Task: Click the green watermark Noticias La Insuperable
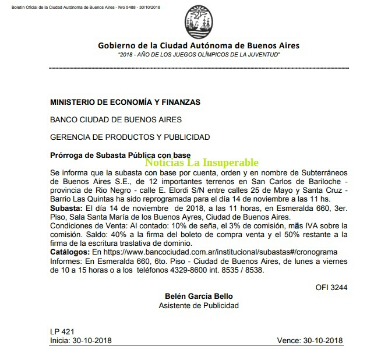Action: [x=202, y=163]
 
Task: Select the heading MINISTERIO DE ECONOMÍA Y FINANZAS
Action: [x=125, y=102]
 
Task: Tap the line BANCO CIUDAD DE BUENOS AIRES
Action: [x=116, y=120]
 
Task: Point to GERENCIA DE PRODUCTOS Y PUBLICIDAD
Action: [x=130, y=137]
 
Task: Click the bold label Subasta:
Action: [x=66, y=208]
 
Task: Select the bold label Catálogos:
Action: [x=70, y=251]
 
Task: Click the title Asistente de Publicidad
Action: [x=198, y=305]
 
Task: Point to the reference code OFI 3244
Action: [x=331, y=287]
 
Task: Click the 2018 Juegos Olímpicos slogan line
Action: [x=199, y=54]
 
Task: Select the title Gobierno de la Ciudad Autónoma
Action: [x=198, y=45]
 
